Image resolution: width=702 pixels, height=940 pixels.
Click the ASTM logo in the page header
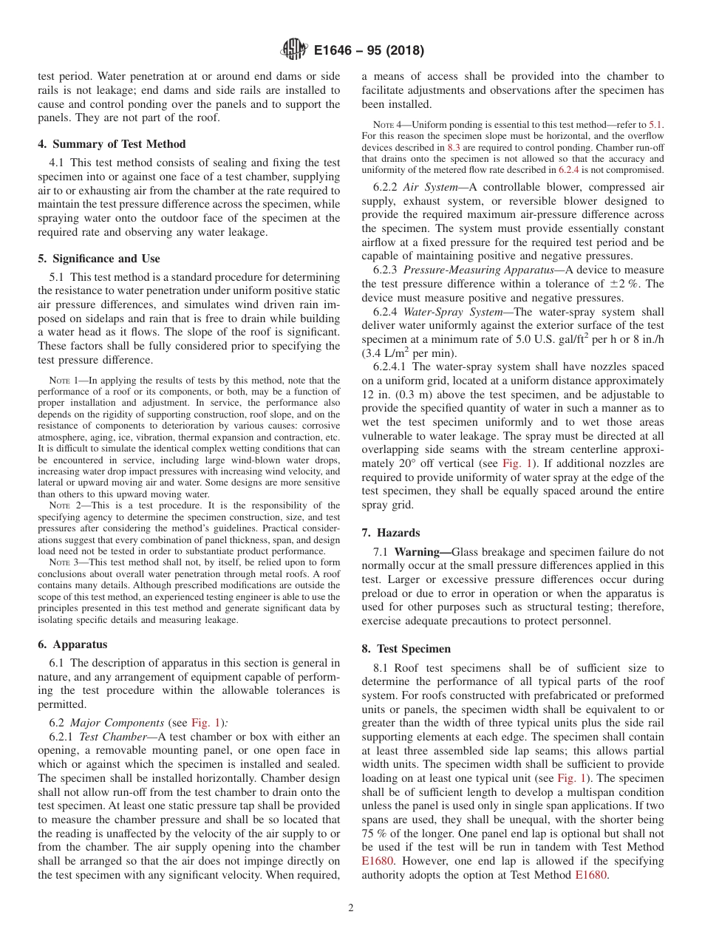click(x=293, y=51)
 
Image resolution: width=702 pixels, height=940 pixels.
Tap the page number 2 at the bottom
click(x=351, y=908)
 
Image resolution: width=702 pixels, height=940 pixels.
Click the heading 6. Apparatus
click(x=72, y=644)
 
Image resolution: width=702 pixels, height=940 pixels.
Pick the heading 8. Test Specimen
click(x=406, y=649)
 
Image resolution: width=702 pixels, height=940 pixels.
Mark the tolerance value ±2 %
click(x=613, y=285)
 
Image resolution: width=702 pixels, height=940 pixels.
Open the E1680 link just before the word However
click(x=378, y=862)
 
